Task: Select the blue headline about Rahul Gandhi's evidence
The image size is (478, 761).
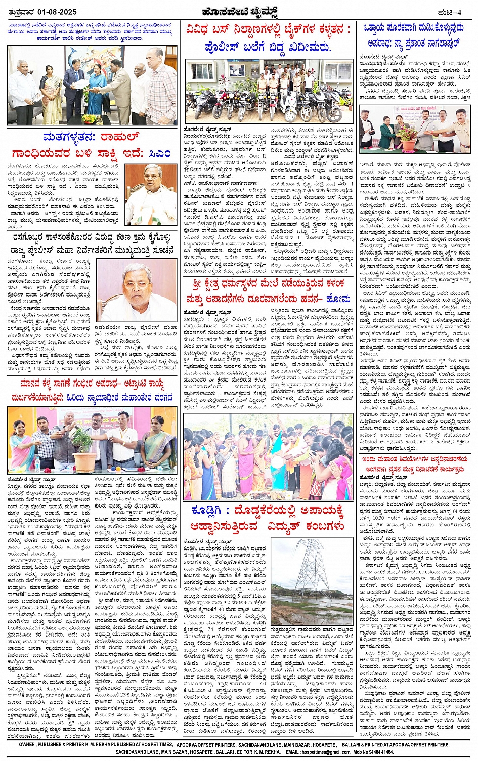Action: tap(92, 145)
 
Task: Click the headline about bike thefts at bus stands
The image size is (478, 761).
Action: tap(268, 38)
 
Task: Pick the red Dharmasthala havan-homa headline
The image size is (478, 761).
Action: tap(268, 291)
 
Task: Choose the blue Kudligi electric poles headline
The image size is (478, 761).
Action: tap(268, 518)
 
